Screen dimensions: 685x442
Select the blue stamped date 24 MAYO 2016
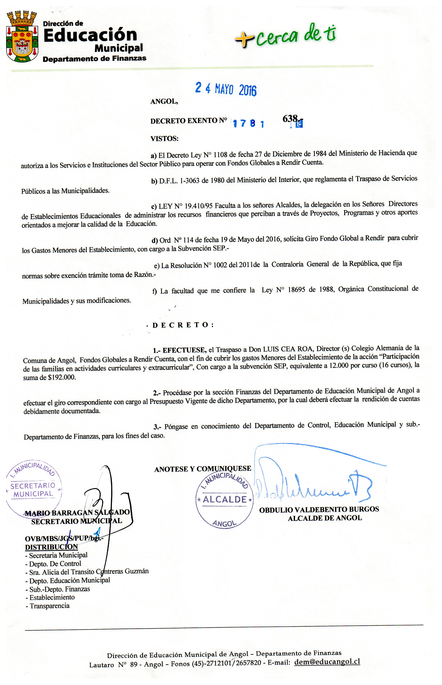pos(226,89)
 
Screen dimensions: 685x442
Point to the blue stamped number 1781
pos(248,124)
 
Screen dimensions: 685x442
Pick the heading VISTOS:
pos(164,139)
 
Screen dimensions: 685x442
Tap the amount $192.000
pos(62,377)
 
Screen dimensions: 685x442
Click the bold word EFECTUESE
pos(184,350)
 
